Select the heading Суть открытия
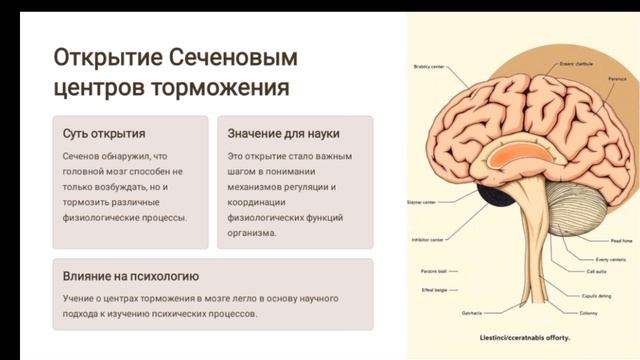point(104,133)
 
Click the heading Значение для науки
point(283,133)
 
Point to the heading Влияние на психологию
point(130,277)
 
